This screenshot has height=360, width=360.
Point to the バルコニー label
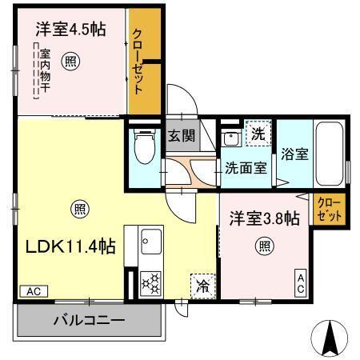(89, 322)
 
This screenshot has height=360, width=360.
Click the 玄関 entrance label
(181, 135)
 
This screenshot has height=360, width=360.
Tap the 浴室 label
(294, 155)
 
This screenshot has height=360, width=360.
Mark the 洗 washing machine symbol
(257, 132)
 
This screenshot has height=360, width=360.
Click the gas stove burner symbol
(151, 282)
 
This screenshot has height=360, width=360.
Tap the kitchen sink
(151, 241)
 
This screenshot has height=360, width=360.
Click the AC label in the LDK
(30, 292)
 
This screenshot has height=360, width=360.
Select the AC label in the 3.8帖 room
(301, 282)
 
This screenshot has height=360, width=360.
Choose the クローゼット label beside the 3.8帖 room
(327, 210)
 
